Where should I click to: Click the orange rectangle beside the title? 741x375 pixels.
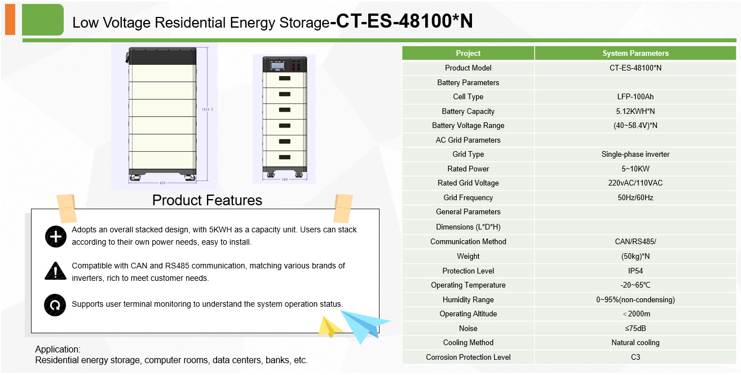pyautogui.click(x=10, y=20)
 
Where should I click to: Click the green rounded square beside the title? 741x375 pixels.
pyautogui.click(x=43, y=20)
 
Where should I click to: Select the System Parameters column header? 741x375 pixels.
pyautogui.click(x=635, y=53)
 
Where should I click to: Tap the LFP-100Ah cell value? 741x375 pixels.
pyautogui.click(x=635, y=96)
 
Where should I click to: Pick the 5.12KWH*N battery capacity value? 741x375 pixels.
pyautogui.click(x=635, y=111)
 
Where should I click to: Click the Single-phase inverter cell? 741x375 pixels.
pyautogui.click(x=635, y=155)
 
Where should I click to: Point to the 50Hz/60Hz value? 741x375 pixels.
pyautogui.click(x=635, y=197)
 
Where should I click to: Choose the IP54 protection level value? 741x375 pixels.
pyautogui.click(x=635, y=271)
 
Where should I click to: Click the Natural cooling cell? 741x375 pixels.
pyautogui.click(x=635, y=343)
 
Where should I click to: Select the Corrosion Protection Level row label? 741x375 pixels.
pyautogui.click(x=468, y=357)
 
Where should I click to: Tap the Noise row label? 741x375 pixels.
pyautogui.click(x=468, y=328)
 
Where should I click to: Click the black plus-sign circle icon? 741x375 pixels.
pyautogui.click(x=56, y=236)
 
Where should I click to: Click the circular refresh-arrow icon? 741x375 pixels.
pyautogui.click(x=55, y=305)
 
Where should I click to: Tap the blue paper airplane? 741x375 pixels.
pyautogui.click(x=364, y=327)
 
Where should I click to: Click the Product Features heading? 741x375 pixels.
pyautogui.click(x=207, y=200)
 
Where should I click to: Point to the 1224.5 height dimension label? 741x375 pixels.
pyautogui.click(x=208, y=109)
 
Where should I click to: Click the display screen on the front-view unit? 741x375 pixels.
pyautogui.click(x=277, y=65)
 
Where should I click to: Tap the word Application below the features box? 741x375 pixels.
pyautogui.click(x=57, y=350)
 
